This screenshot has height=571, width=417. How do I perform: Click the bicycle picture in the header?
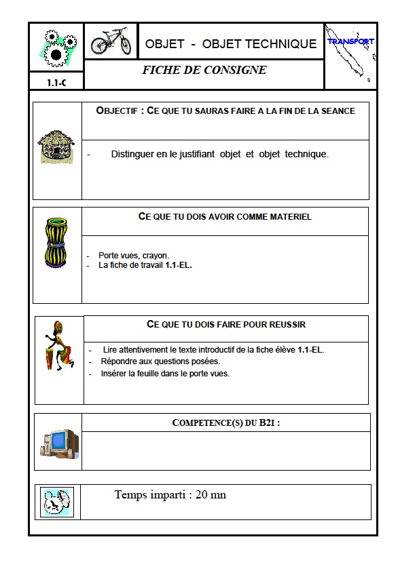(111, 41)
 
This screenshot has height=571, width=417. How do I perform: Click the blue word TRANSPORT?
(350, 41)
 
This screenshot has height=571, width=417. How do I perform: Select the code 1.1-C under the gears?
(56, 83)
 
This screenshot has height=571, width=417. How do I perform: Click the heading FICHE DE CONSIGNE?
(204, 70)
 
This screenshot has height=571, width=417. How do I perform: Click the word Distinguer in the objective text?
(134, 154)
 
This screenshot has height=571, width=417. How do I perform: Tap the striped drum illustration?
(56, 243)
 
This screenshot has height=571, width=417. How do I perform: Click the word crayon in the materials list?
(156, 256)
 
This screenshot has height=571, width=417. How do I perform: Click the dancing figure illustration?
(59, 346)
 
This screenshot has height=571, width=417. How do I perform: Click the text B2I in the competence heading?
(268, 422)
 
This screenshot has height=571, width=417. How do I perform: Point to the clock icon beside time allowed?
(56, 503)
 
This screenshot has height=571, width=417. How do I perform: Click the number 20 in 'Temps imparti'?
(202, 495)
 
